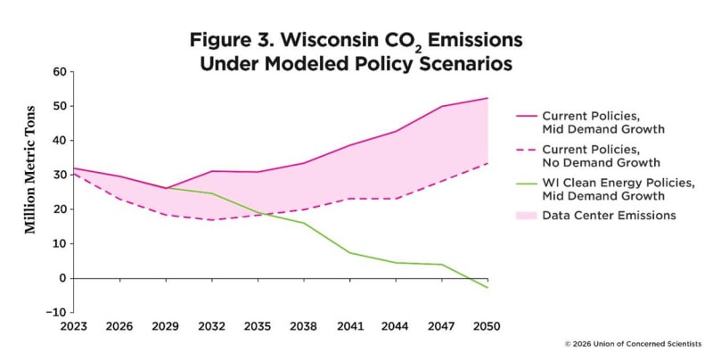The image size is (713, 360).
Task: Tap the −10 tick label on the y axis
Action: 56,312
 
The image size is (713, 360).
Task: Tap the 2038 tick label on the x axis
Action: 304,326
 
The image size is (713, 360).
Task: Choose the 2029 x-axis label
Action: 165,326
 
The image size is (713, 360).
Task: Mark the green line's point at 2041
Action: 349,253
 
